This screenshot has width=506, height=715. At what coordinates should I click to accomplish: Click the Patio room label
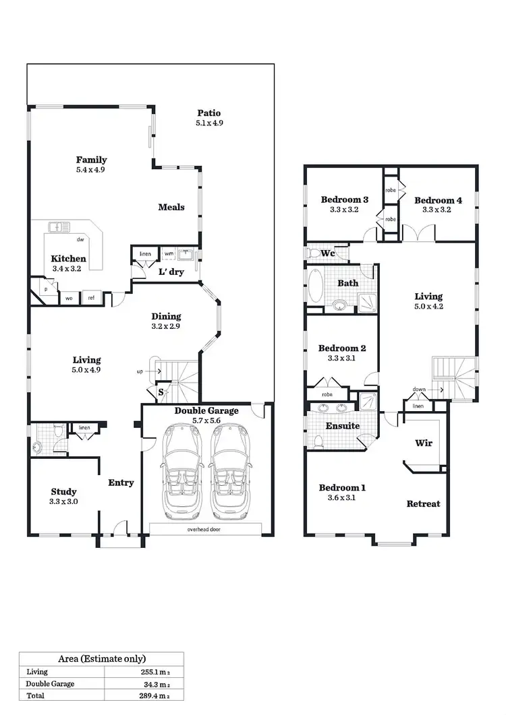tap(208, 113)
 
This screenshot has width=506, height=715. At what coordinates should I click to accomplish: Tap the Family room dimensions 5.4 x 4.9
tap(90, 170)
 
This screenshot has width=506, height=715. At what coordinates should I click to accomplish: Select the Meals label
tap(171, 207)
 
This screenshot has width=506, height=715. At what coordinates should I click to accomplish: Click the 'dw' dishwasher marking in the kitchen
tap(80, 239)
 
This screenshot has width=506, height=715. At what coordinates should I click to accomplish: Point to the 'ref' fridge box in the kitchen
tap(90, 297)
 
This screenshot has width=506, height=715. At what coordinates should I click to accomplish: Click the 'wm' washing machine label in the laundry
tap(168, 254)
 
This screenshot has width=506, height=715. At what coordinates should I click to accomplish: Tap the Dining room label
tap(166, 316)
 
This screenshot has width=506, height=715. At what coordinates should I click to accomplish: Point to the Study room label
tap(63, 491)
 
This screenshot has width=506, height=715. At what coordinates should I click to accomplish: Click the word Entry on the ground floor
tap(121, 483)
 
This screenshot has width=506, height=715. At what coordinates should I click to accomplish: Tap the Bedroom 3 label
tap(344, 199)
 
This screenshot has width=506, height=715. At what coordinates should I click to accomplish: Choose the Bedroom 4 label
tap(438, 200)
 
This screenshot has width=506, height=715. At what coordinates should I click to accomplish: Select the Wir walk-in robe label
tap(423, 443)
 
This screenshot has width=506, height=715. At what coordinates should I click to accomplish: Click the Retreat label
tap(423, 503)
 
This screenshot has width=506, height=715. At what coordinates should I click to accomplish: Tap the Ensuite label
tap(341, 426)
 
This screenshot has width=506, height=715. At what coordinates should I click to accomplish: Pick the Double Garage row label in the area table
tap(51, 683)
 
